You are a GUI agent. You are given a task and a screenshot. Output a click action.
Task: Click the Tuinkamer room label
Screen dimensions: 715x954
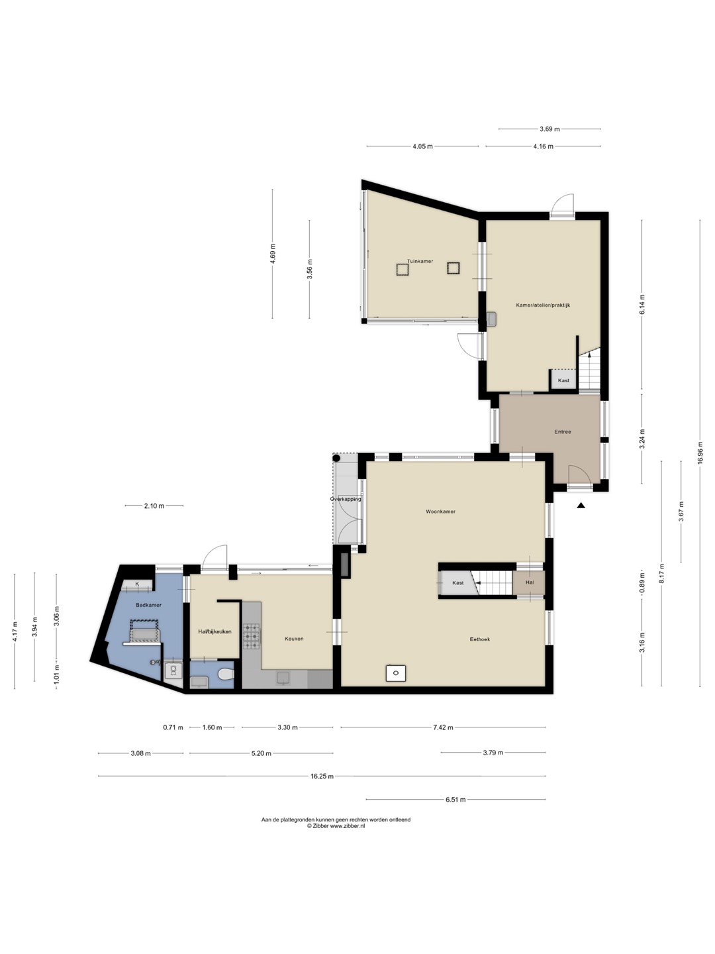coord(420,261)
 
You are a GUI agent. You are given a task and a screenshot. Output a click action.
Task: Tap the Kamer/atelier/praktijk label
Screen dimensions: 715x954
coord(543,305)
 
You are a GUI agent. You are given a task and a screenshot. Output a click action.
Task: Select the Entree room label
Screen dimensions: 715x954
coord(563,431)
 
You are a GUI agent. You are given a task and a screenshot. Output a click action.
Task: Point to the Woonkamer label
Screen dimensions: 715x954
coord(441,511)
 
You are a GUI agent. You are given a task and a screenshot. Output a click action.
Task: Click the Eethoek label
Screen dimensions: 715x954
coord(480,639)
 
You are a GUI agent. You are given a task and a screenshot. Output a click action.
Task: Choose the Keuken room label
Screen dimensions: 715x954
coord(294,639)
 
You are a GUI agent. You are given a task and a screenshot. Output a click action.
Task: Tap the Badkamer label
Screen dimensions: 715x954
coord(148,605)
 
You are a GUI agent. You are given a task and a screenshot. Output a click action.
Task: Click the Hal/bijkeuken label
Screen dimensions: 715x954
coord(215,631)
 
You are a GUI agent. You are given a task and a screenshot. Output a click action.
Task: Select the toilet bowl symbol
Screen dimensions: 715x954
coord(225,674)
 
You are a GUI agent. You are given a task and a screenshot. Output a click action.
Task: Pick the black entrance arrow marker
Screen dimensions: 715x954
coord(581,505)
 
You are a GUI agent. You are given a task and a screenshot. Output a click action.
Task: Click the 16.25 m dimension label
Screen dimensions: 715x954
coord(322,776)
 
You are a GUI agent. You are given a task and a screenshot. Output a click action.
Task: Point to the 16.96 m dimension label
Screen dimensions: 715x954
coord(699,453)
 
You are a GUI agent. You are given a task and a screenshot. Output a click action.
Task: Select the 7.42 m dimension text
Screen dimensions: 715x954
coord(443,727)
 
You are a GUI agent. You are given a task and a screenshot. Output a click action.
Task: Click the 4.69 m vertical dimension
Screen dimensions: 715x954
coord(273,254)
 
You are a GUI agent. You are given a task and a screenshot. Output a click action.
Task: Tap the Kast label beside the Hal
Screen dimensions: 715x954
coord(458,583)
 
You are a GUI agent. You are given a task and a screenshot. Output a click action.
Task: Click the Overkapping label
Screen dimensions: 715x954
coord(346,499)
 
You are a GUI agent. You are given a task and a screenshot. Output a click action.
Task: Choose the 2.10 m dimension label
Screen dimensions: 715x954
coord(154,505)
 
